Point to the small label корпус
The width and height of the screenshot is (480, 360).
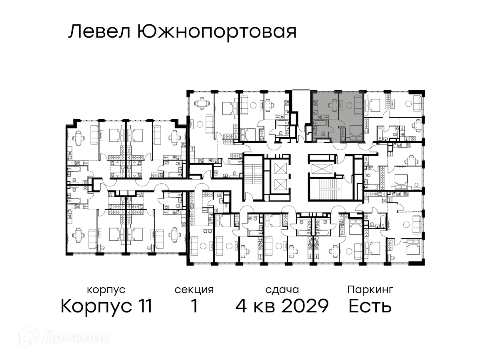[106, 290]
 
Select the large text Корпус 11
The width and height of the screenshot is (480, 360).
[106, 306]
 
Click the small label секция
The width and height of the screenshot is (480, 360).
[194, 290]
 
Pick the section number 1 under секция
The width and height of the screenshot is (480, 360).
[194, 306]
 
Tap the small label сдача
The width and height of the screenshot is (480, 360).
[282, 290]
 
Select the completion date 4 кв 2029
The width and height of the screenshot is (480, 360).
[282, 306]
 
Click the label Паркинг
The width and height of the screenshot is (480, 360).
[370, 290]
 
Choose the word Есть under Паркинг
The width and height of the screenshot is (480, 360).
[370, 306]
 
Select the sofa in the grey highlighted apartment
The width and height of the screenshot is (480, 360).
[359, 105]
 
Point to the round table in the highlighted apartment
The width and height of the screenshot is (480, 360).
[348, 105]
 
